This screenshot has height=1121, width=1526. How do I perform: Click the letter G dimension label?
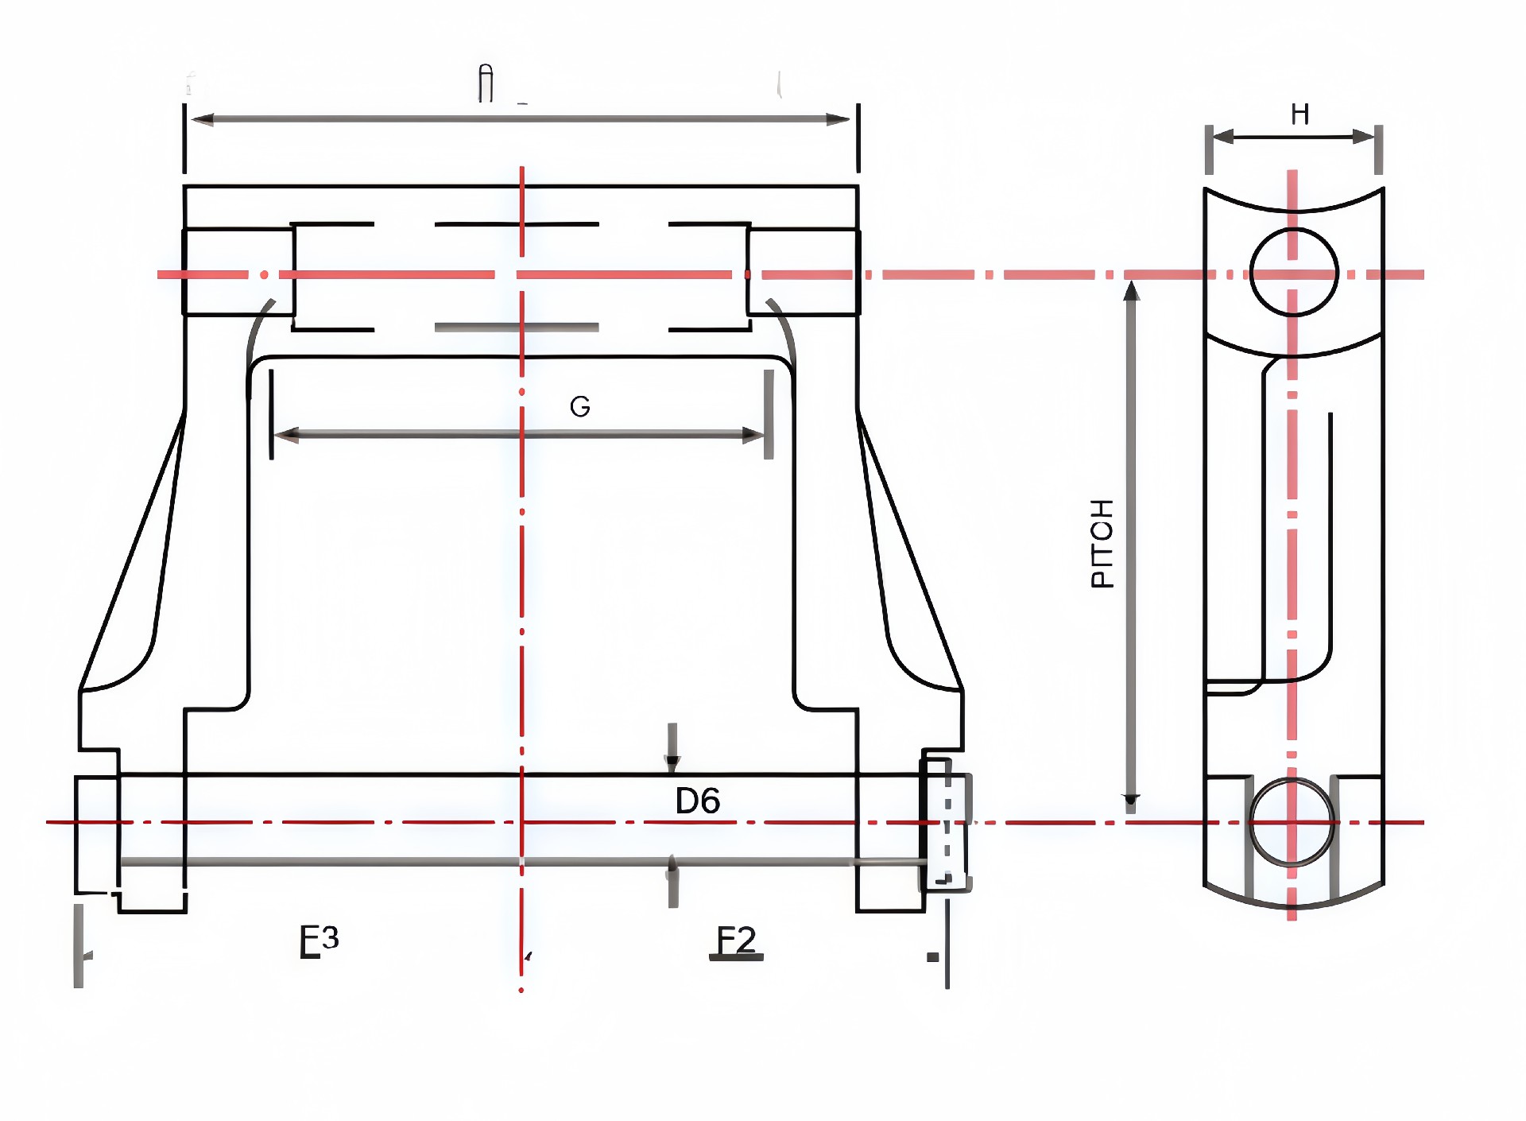click(580, 407)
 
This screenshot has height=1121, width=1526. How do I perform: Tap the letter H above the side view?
click(1299, 114)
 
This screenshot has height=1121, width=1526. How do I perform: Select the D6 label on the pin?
click(697, 801)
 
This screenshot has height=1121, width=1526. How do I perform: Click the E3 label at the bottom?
click(319, 941)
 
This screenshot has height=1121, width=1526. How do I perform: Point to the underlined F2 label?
click(736, 941)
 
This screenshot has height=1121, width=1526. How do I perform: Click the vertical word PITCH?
click(1102, 544)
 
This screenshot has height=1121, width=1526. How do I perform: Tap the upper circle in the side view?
click(1294, 272)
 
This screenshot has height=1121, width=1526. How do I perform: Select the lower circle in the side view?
click(1292, 823)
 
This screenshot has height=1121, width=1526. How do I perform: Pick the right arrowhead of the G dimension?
click(753, 435)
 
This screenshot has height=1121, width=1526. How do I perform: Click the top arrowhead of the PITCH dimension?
click(1131, 291)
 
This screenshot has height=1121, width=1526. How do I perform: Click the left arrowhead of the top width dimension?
click(203, 120)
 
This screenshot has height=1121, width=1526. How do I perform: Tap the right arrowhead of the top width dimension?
click(839, 120)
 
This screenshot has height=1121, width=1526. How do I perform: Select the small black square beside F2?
click(933, 957)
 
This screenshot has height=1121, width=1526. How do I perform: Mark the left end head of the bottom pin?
click(96, 835)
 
